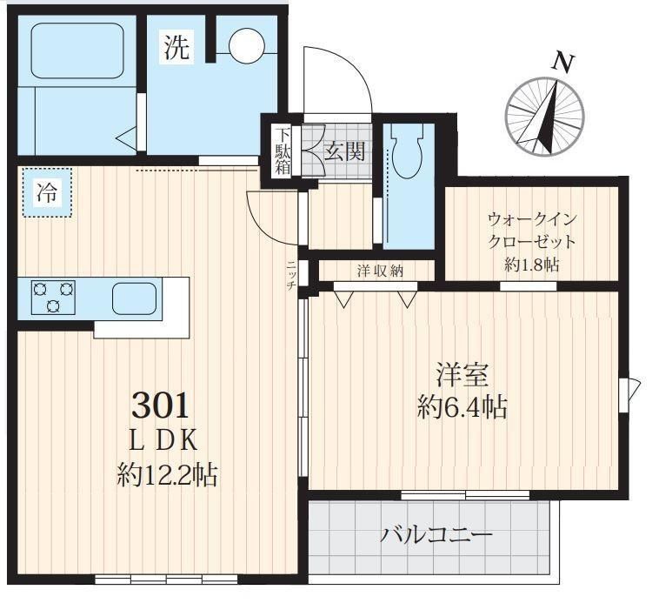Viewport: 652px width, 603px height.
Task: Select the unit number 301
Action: pos(161,404)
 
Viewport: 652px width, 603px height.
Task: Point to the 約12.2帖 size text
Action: pos(167,475)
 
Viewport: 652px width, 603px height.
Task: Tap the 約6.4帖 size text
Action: pos(462,407)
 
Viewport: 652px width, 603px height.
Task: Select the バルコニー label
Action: pos(436,533)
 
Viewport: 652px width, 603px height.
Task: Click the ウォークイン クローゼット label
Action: pos(532,230)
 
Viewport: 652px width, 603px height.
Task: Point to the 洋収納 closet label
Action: pos(380,271)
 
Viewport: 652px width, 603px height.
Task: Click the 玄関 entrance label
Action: pos(344,152)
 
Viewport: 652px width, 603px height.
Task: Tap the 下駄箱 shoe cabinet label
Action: pos(283,152)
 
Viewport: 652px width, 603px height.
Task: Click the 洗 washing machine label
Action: pos(176,49)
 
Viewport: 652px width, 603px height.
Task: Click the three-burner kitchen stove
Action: pos(53,296)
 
